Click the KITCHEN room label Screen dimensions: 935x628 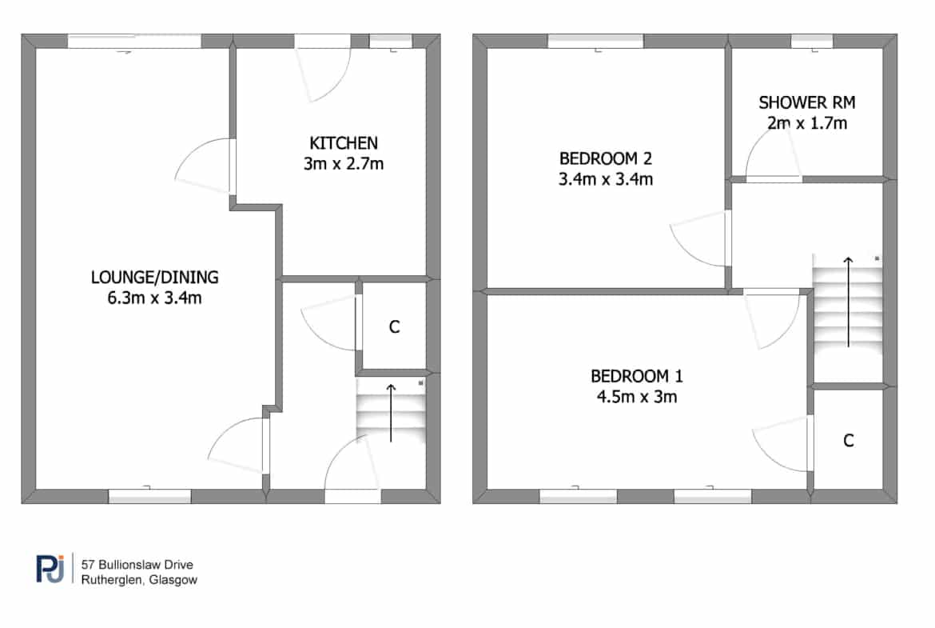[344, 143]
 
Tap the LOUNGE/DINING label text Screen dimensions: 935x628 [154, 278]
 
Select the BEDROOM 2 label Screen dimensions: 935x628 [605, 158]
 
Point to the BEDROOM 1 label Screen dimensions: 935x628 [637, 377]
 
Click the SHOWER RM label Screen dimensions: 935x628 [807, 102]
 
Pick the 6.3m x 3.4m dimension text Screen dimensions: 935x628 [154, 298]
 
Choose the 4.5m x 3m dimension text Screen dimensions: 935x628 [637, 397]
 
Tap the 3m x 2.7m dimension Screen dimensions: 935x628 [344, 163]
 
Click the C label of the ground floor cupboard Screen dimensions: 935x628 [394, 327]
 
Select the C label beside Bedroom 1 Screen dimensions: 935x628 [849, 441]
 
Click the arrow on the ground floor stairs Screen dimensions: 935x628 [391, 413]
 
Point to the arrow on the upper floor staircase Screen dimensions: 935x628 [848, 302]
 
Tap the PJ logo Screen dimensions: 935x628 [50, 568]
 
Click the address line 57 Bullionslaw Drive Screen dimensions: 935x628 [137, 565]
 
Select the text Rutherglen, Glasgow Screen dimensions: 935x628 [139, 580]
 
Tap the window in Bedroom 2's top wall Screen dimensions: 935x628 [595, 41]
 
